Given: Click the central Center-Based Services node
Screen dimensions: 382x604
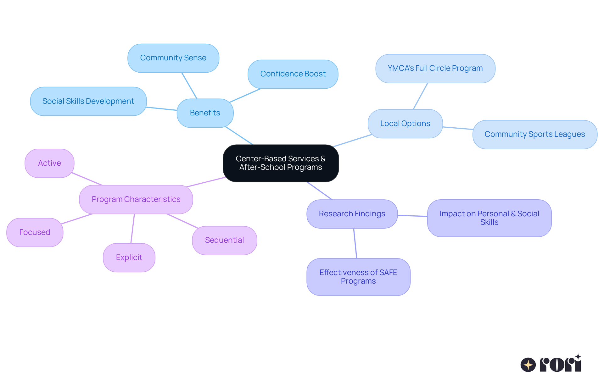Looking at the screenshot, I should (281, 163).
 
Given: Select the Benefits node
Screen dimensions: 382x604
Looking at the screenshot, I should (205, 113).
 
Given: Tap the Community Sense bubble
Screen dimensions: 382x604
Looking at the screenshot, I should (173, 58).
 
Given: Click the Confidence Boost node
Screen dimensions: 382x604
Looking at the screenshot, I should (293, 74).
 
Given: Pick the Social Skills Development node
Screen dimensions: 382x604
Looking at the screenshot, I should (88, 101).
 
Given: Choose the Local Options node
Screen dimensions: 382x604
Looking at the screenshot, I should (405, 124).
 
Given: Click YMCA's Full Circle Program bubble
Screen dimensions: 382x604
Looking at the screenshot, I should (435, 69).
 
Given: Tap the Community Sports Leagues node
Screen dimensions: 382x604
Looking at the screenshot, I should (534, 134).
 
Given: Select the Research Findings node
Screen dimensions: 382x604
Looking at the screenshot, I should (352, 214).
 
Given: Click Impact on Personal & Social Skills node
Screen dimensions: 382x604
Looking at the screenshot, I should (489, 218).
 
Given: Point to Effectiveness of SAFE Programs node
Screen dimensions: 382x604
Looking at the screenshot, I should (358, 277).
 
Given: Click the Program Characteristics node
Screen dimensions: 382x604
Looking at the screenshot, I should (136, 199).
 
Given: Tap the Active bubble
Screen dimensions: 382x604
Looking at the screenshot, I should (49, 163).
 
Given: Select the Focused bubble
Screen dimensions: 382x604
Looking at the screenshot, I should (35, 232).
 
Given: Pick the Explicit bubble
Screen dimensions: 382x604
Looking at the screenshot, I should (129, 257).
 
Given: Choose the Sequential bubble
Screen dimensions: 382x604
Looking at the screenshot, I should (224, 240).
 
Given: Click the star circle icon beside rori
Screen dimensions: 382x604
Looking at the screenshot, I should (528, 365).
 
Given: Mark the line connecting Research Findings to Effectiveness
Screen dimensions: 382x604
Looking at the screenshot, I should (355, 243).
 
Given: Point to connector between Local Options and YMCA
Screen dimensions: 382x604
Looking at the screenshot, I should (420, 96).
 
